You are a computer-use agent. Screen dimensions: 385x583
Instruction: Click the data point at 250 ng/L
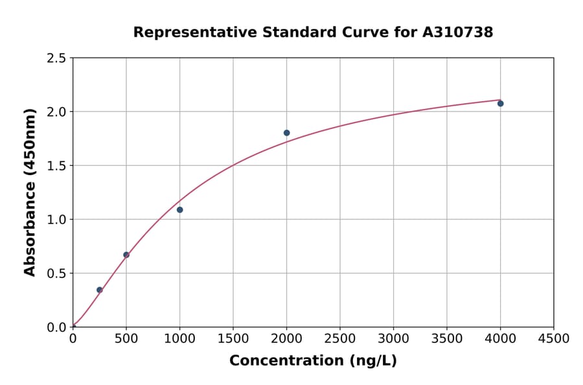coord(99,290)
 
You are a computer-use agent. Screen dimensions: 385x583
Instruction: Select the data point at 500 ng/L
coord(126,255)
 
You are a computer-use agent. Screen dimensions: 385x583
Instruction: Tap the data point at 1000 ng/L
coord(179,209)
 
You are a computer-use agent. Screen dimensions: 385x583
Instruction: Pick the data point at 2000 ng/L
coord(286,133)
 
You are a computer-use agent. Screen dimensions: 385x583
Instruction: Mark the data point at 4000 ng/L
coord(500,104)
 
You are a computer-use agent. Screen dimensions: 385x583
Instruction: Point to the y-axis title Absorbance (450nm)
coord(30,192)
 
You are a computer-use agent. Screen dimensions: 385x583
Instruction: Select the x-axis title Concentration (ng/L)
coord(313,360)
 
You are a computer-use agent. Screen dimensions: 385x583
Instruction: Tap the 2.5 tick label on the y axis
coord(56,58)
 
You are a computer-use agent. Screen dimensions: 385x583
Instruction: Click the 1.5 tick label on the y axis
coord(56,166)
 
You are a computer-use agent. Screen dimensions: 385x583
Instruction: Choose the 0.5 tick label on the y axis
coord(56,274)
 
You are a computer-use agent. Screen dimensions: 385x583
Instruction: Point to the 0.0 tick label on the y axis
coord(56,327)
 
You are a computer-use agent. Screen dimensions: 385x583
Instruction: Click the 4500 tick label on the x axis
coord(554,339)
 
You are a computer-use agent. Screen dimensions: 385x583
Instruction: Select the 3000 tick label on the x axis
coord(393,339)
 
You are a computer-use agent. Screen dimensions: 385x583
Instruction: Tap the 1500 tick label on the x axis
coord(233,339)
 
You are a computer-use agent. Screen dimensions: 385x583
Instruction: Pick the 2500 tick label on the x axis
coord(340,339)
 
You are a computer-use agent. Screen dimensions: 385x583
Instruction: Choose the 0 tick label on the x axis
coord(73,339)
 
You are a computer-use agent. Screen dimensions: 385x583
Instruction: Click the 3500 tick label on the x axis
coord(447,339)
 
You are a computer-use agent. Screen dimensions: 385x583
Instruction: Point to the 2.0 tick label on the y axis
coord(56,112)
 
